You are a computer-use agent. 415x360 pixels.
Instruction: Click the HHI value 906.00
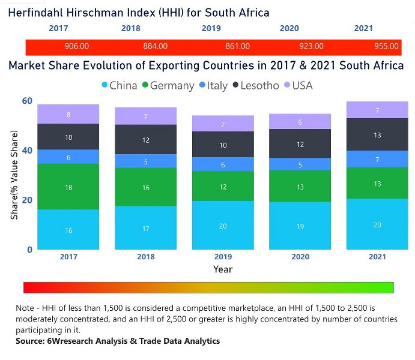point(76,46)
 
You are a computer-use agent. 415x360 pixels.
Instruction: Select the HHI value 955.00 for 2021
point(386,46)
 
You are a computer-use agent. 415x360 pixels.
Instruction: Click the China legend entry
point(120,85)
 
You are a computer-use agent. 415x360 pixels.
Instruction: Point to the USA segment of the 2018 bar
point(145,116)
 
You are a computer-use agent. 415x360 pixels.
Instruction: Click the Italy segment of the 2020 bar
point(300,164)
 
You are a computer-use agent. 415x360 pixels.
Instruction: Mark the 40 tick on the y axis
point(26,151)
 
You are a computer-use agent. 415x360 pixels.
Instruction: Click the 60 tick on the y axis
point(26,101)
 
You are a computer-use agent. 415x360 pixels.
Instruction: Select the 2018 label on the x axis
point(145,257)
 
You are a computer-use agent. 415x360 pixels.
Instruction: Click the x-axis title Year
point(223,269)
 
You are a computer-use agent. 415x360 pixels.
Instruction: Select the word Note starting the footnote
point(26,308)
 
